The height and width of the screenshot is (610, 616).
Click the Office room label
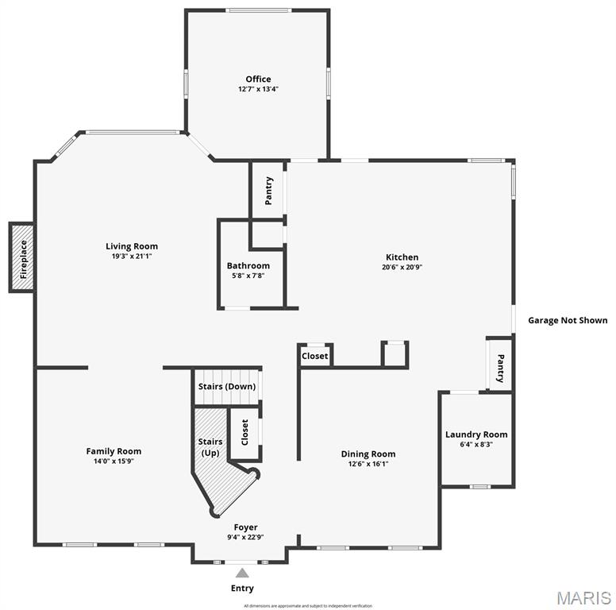tap(258, 79)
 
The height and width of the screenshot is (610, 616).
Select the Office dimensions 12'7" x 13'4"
tap(258, 89)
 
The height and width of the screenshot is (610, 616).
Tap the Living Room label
tap(132, 246)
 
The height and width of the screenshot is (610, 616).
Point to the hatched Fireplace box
tap(21, 257)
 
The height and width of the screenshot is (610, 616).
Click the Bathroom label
tap(248, 265)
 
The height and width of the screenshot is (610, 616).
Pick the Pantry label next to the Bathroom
tap(268, 191)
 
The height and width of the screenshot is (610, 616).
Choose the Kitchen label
tap(402, 257)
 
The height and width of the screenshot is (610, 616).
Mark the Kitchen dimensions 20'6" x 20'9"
tap(402, 268)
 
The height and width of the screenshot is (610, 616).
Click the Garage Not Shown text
tap(568, 320)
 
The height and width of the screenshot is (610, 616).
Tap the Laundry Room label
tap(475, 434)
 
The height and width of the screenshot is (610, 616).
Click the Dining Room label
tap(368, 454)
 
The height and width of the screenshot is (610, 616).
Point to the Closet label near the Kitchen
tap(315, 356)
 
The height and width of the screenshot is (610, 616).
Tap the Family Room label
tap(114, 451)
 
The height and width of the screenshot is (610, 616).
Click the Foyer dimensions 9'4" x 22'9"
tap(245, 537)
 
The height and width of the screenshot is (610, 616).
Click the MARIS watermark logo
tap(583, 597)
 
